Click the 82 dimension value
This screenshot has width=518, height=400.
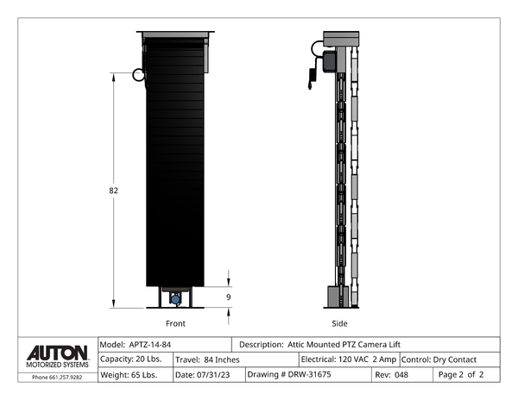click(x=113, y=191)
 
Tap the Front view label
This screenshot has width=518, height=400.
click(x=175, y=323)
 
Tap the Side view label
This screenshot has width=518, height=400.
click(x=339, y=323)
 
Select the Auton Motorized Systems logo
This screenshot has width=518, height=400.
click(x=57, y=356)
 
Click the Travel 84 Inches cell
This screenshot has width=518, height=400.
click(x=207, y=359)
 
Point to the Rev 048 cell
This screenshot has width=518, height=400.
click(x=392, y=375)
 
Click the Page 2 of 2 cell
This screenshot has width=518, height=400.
click(x=461, y=375)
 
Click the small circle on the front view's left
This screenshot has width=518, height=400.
click(x=138, y=75)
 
